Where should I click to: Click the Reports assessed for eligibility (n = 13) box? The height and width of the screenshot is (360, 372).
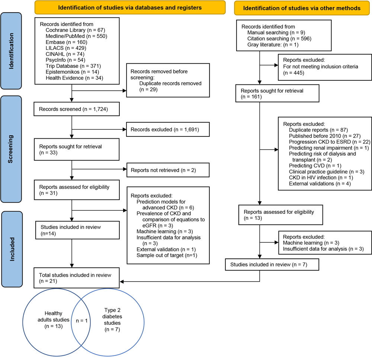tap(277, 215)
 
